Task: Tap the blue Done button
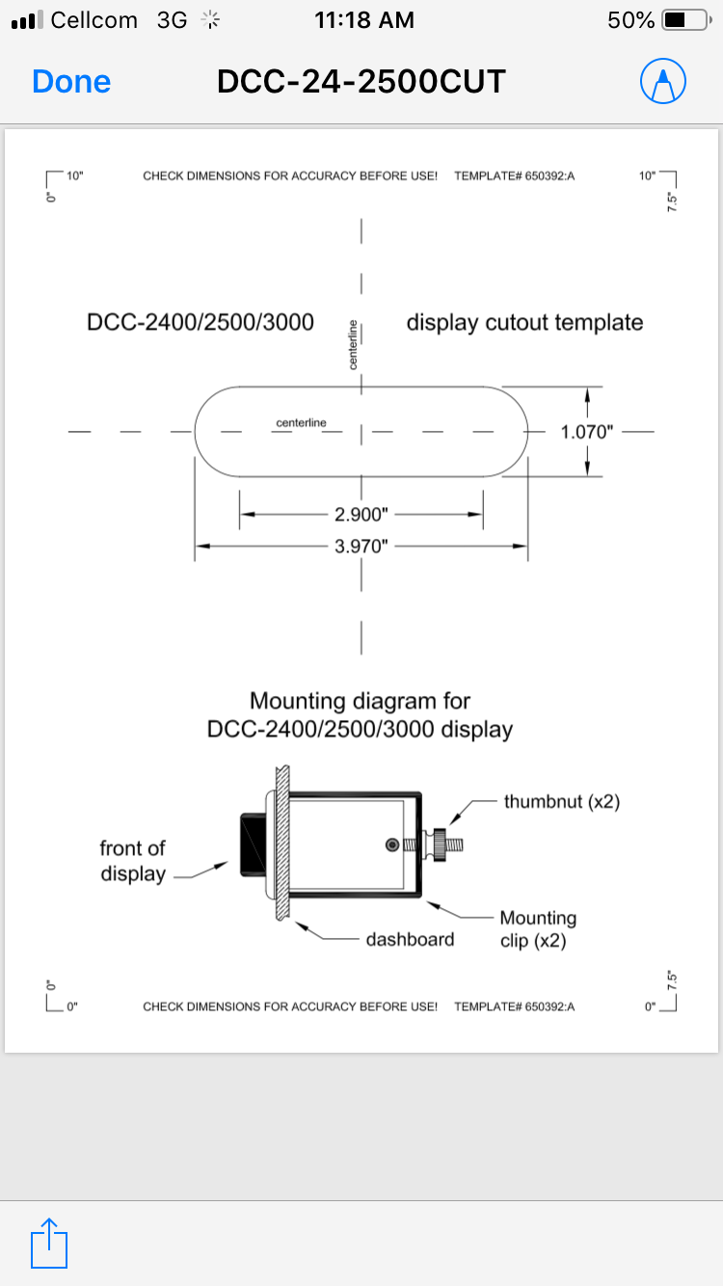(71, 82)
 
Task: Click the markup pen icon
(663, 82)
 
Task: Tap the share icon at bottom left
(49, 1243)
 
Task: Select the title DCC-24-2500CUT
(361, 82)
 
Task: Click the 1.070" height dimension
(587, 431)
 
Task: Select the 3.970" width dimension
(361, 547)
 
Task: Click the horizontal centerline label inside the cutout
(301, 422)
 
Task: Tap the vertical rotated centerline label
(353, 344)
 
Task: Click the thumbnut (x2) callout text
(561, 801)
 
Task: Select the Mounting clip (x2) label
(537, 929)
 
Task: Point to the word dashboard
(410, 939)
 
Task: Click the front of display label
(132, 861)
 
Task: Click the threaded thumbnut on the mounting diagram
(443, 844)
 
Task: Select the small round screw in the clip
(391, 844)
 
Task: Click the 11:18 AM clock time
(364, 19)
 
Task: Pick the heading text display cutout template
(524, 322)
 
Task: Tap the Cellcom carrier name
(94, 19)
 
